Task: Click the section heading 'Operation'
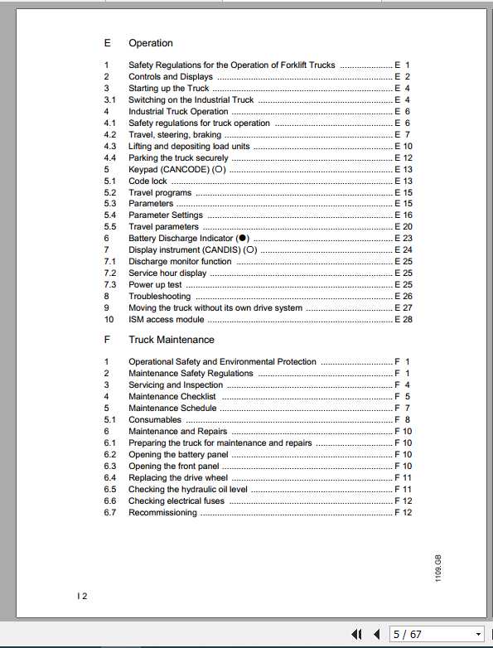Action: tap(150, 43)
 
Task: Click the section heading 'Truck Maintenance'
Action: tap(171, 340)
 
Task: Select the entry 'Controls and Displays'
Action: tap(170, 77)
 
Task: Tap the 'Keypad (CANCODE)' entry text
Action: tap(169, 169)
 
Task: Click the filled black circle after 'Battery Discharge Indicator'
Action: tap(242, 239)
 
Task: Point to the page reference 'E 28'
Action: tap(404, 319)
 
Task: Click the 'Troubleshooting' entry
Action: tap(159, 296)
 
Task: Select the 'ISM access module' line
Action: tap(166, 319)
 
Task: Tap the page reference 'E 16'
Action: tap(404, 215)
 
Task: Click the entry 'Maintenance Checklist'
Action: tap(172, 397)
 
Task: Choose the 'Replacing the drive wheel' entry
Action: tap(177, 478)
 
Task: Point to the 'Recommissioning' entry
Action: tap(162, 513)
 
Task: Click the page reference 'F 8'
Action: tap(403, 420)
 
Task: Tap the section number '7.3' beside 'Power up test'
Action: tap(109, 284)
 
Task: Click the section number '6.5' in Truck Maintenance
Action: tap(109, 490)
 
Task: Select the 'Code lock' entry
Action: tap(147, 181)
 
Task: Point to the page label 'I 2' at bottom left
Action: tap(81, 596)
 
